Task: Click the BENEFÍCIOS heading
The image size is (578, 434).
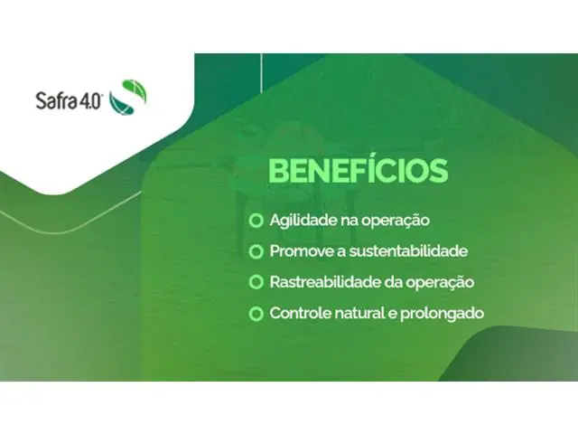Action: (x=359, y=172)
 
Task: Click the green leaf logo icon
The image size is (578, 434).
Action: (x=127, y=96)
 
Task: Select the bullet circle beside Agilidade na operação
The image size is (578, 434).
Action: (x=257, y=221)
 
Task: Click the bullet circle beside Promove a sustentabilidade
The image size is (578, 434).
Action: (x=257, y=251)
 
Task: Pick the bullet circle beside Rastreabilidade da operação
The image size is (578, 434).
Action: (x=257, y=282)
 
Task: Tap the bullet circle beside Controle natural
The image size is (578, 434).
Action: (x=257, y=313)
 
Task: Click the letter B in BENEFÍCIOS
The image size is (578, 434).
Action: (x=280, y=172)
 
